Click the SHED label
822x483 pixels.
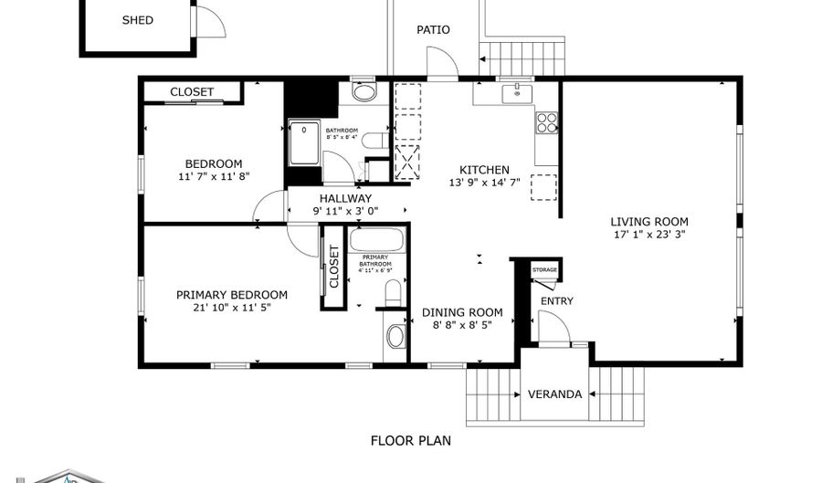click(138, 20)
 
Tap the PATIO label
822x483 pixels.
click(433, 29)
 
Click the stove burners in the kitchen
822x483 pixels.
click(547, 122)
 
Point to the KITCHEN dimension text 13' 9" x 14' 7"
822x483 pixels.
click(484, 183)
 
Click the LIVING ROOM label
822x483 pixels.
click(649, 221)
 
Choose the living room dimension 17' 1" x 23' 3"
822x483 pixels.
click(649, 234)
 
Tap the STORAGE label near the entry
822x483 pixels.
click(545, 270)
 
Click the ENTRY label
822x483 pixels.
click(557, 301)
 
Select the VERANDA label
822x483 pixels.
click(554, 394)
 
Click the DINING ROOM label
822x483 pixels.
click(462, 312)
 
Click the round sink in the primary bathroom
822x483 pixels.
click(395, 336)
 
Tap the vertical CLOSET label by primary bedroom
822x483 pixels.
click(333, 267)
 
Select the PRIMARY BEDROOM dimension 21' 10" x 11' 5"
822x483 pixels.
click(232, 308)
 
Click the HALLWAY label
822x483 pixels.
click(345, 198)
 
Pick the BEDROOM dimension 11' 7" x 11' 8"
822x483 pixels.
click(214, 176)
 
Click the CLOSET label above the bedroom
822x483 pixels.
click(192, 92)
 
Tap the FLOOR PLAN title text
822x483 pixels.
click(410, 440)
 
